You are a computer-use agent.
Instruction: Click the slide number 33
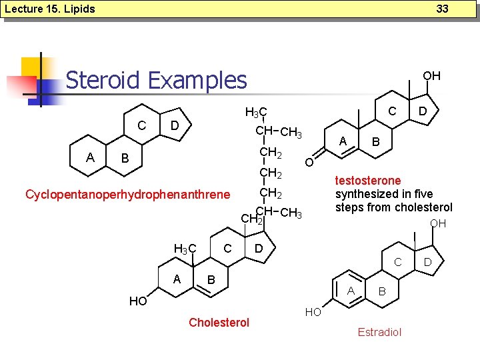pyautogui.click(x=443, y=9)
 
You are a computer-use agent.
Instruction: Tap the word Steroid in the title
pyautogui.click(x=103, y=80)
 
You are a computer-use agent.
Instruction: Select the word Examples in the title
pyautogui.click(x=197, y=80)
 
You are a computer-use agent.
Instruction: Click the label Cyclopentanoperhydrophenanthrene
pyautogui.click(x=127, y=195)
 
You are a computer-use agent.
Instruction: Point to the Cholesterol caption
pyautogui.click(x=219, y=323)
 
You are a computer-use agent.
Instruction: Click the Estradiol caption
pyautogui.click(x=379, y=332)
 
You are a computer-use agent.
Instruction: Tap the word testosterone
pyautogui.click(x=368, y=181)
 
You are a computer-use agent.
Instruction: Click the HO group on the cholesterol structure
pyautogui.click(x=138, y=301)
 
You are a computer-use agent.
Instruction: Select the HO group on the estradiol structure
pyautogui.click(x=313, y=312)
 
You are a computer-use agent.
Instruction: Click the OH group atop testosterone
pyautogui.click(x=432, y=75)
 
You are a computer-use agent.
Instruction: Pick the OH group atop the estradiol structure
pyautogui.click(x=438, y=224)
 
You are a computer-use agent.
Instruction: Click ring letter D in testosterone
pyautogui.click(x=422, y=110)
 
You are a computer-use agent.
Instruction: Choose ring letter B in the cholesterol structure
pyautogui.click(x=211, y=278)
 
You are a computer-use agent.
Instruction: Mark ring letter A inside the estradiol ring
pyautogui.click(x=351, y=289)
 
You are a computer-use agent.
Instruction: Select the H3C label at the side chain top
pyautogui.click(x=256, y=112)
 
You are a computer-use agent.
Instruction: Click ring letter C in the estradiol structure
pyautogui.click(x=398, y=262)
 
